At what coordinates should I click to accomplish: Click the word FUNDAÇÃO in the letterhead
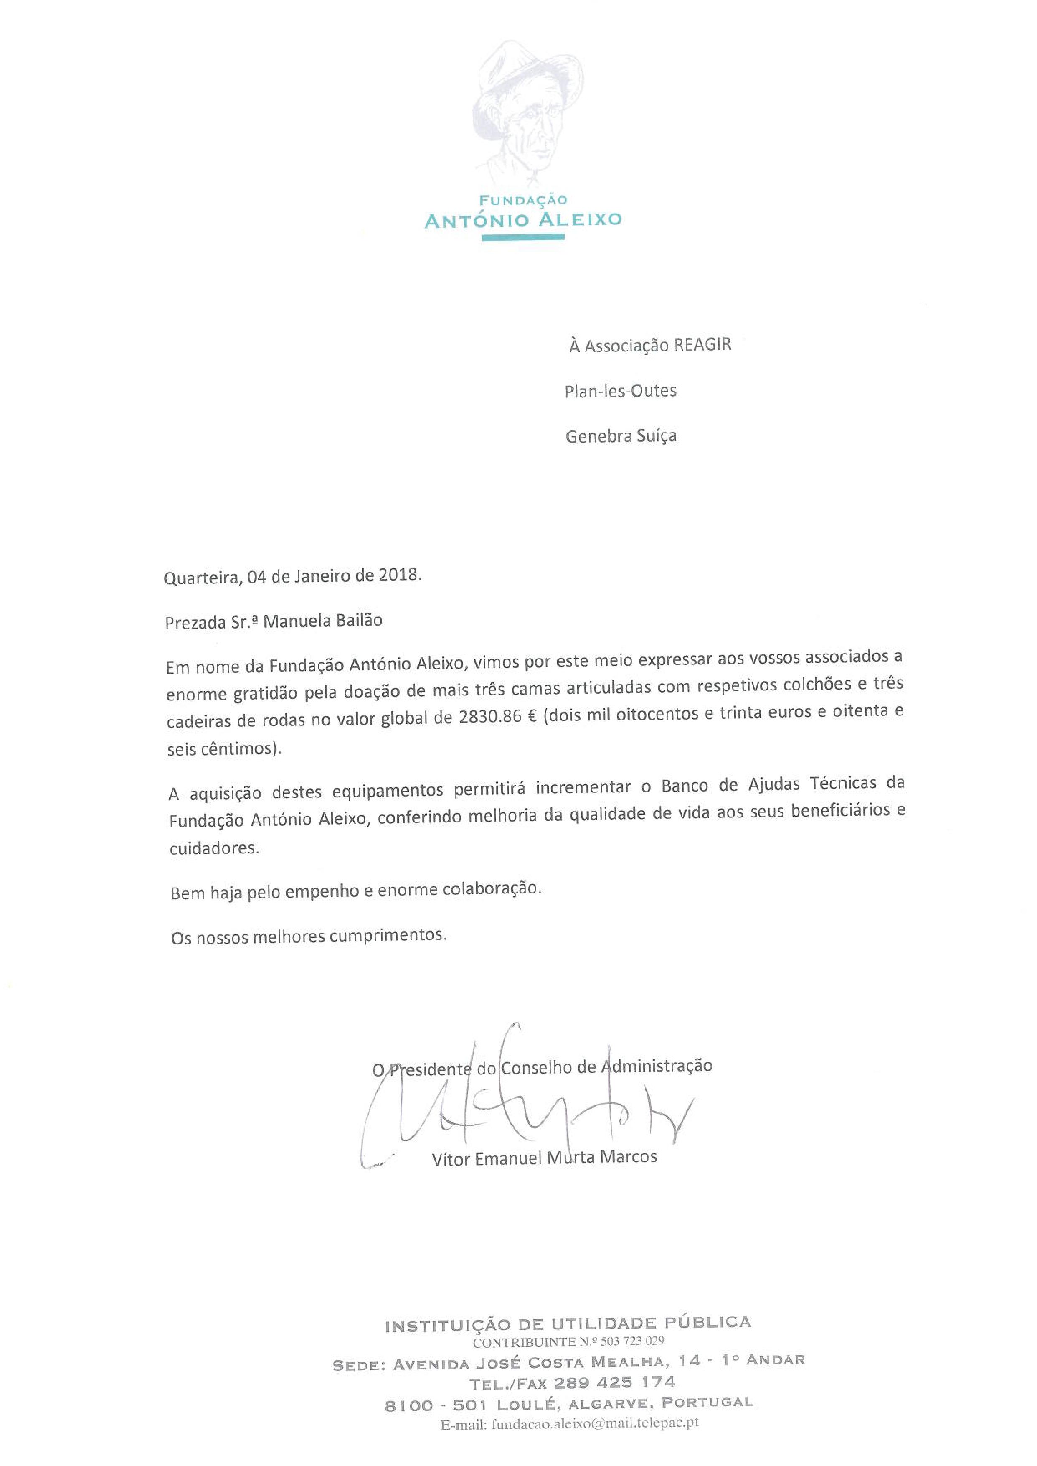coord(524,200)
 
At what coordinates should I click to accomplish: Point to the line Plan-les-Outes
coord(620,390)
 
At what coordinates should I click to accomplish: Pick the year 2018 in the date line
coord(400,575)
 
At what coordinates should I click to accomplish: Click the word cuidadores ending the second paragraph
coord(214,849)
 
